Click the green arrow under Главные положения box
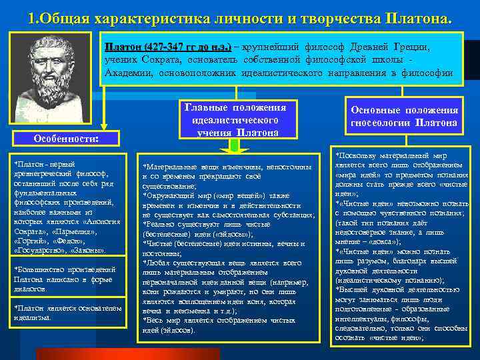tap(238, 145)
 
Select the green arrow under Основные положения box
tap(405, 137)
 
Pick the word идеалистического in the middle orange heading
tap(239, 120)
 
